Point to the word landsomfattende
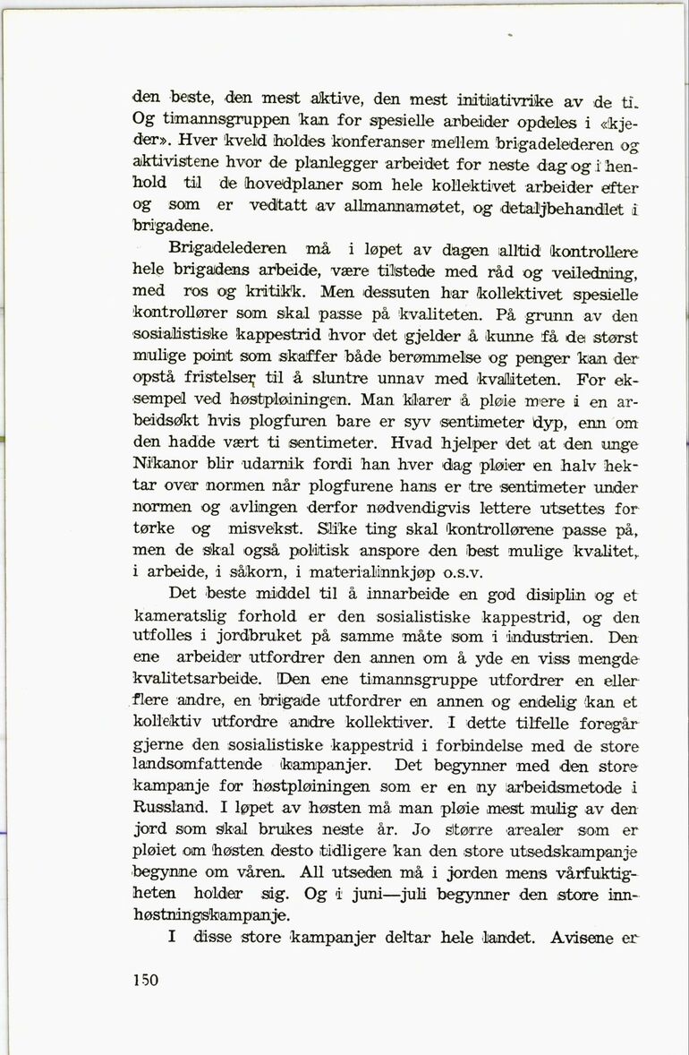point(198,765)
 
